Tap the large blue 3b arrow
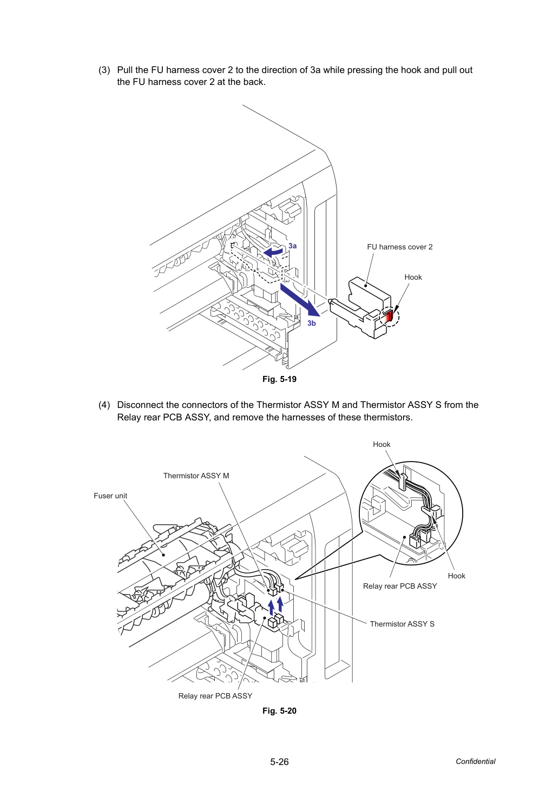(x=300, y=300)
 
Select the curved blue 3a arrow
(x=273, y=252)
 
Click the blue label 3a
(x=292, y=246)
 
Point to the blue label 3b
(x=312, y=323)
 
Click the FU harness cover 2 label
(x=400, y=247)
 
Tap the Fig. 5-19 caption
(x=279, y=379)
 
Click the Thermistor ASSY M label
(x=196, y=476)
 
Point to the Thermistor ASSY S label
(x=402, y=624)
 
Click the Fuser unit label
(x=110, y=496)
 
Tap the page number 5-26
(x=279, y=762)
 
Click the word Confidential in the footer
(x=475, y=762)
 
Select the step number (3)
(x=104, y=70)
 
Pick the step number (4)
(x=104, y=405)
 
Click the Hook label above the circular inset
(x=382, y=444)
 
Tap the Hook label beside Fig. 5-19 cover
(x=413, y=277)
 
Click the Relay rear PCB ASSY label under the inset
(x=400, y=586)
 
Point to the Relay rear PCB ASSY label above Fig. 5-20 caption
(x=215, y=696)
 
